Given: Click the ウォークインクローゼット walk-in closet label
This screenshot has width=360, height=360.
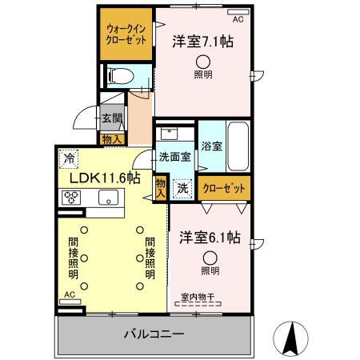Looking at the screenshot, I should (126, 35).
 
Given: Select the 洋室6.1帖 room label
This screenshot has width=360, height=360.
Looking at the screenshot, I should (210, 238).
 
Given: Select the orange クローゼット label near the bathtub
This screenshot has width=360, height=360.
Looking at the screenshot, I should (223, 189).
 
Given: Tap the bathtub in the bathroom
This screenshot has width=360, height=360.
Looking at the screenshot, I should (238, 143).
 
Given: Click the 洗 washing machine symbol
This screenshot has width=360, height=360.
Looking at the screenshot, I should (182, 189).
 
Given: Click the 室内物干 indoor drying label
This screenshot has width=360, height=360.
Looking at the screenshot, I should (198, 298).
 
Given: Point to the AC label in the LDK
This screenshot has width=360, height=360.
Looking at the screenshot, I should (70, 295).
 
